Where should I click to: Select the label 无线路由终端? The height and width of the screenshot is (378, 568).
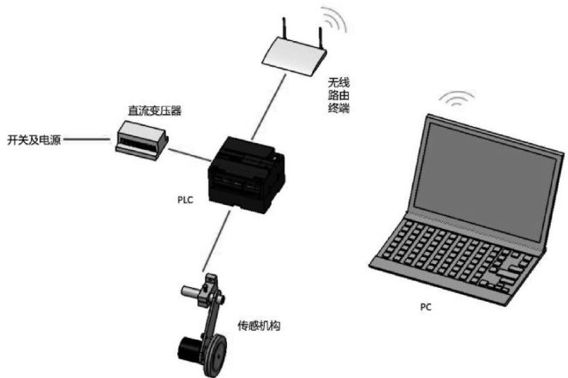[337, 98]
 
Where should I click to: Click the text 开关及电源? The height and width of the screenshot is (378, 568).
[33, 138]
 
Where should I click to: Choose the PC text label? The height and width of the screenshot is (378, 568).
[426, 306]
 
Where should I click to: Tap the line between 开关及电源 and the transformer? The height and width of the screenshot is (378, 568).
[90, 138]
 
